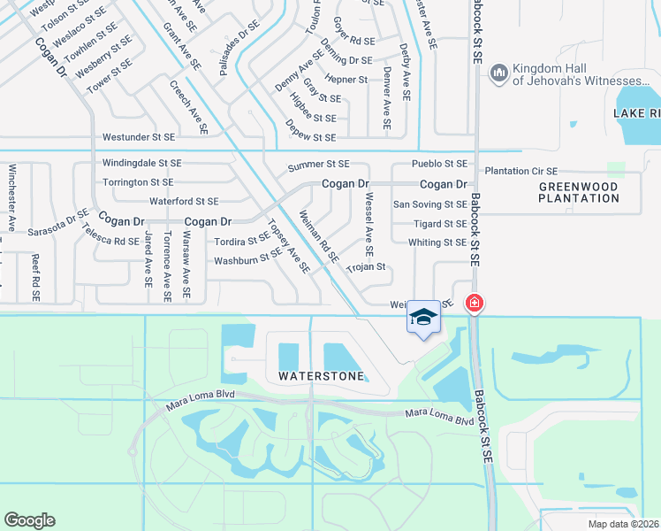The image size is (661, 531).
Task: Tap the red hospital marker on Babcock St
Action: point(475,304)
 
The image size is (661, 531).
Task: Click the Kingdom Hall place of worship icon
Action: point(498,71)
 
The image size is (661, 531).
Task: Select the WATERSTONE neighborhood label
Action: point(321,376)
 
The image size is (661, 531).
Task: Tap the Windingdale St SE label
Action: point(141,164)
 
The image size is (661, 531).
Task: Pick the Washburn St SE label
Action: point(247,261)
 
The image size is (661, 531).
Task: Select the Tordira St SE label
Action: point(242,240)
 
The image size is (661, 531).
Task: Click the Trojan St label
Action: point(367,266)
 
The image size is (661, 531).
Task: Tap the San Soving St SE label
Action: point(429,204)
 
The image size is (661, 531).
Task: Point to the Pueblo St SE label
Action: point(439,164)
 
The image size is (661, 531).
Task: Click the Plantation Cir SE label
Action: point(520,171)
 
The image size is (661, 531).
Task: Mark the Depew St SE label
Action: point(311,137)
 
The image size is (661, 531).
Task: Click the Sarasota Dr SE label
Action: point(58,225)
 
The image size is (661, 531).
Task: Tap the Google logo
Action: point(29,520)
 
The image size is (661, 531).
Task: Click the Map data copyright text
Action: point(623,524)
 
